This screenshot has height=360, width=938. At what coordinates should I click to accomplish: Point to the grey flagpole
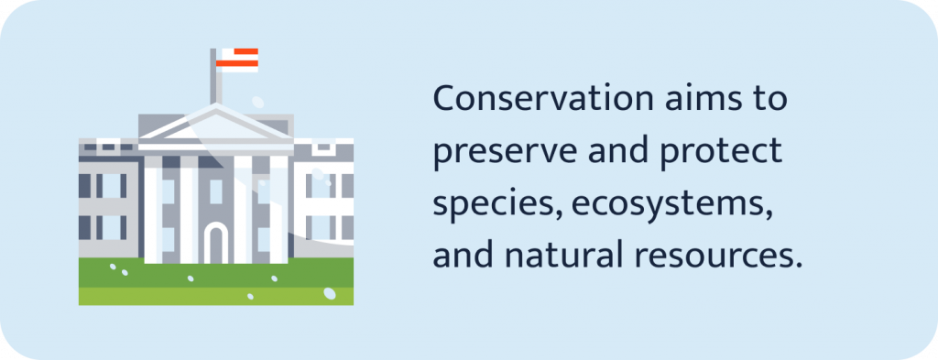(216, 82)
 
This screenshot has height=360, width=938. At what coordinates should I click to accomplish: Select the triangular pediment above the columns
(216, 126)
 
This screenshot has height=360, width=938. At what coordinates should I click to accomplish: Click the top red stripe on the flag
(241, 51)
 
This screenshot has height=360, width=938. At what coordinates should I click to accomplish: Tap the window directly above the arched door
(216, 190)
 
